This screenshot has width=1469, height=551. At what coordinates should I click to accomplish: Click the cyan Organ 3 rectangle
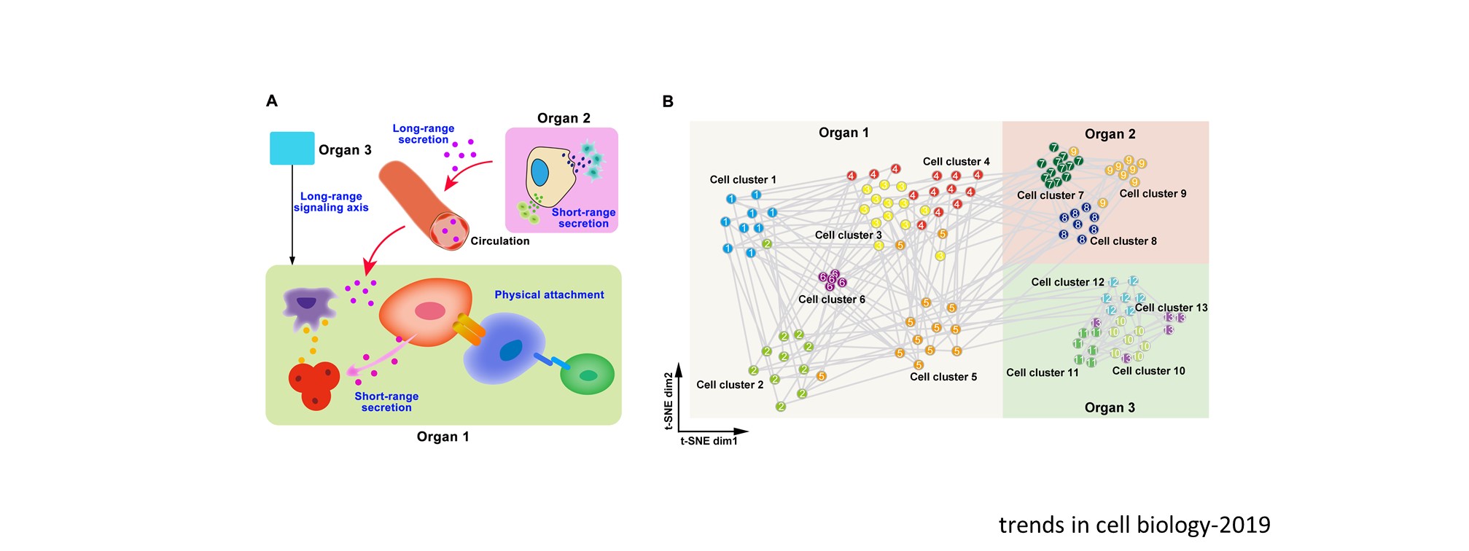pyautogui.click(x=292, y=148)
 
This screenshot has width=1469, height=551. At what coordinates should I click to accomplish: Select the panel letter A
pyautogui.click(x=272, y=101)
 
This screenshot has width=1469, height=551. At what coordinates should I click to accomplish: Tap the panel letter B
pyautogui.click(x=668, y=102)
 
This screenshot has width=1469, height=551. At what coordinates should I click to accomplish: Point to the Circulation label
pyautogui.click(x=499, y=241)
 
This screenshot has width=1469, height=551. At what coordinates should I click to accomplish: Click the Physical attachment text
pyautogui.click(x=549, y=295)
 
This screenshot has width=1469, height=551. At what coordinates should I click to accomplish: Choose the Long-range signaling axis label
pyautogui.click(x=331, y=202)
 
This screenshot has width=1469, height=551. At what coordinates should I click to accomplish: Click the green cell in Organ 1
pyautogui.click(x=587, y=374)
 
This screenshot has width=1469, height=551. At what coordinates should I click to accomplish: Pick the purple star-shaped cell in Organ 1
pyautogui.click(x=308, y=306)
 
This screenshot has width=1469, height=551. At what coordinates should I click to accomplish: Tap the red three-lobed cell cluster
pyautogui.click(x=314, y=384)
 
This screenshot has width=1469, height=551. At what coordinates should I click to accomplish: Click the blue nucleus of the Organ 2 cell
pyautogui.click(x=539, y=173)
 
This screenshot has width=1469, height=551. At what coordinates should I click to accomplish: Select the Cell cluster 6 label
pyautogui.click(x=831, y=300)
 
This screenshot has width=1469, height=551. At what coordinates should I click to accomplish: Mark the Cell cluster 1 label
pyautogui.click(x=742, y=180)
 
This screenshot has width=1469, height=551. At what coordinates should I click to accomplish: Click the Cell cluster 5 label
pyautogui.click(x=943, y=377)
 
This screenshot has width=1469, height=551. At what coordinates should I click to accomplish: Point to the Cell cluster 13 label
pyautogui.click(x=1171, y=308)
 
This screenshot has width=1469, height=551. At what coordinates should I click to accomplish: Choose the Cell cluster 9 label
pyautogui.click(x=1153, y=194)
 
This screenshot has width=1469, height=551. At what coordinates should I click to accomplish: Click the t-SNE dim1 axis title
pyautogui.click(x=709, y=441)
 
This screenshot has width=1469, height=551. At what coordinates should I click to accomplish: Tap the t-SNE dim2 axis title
pyautogui.click(x=669, y=401)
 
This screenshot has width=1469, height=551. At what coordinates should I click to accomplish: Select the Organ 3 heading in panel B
pyautogui.click(x=1109, y=407)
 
